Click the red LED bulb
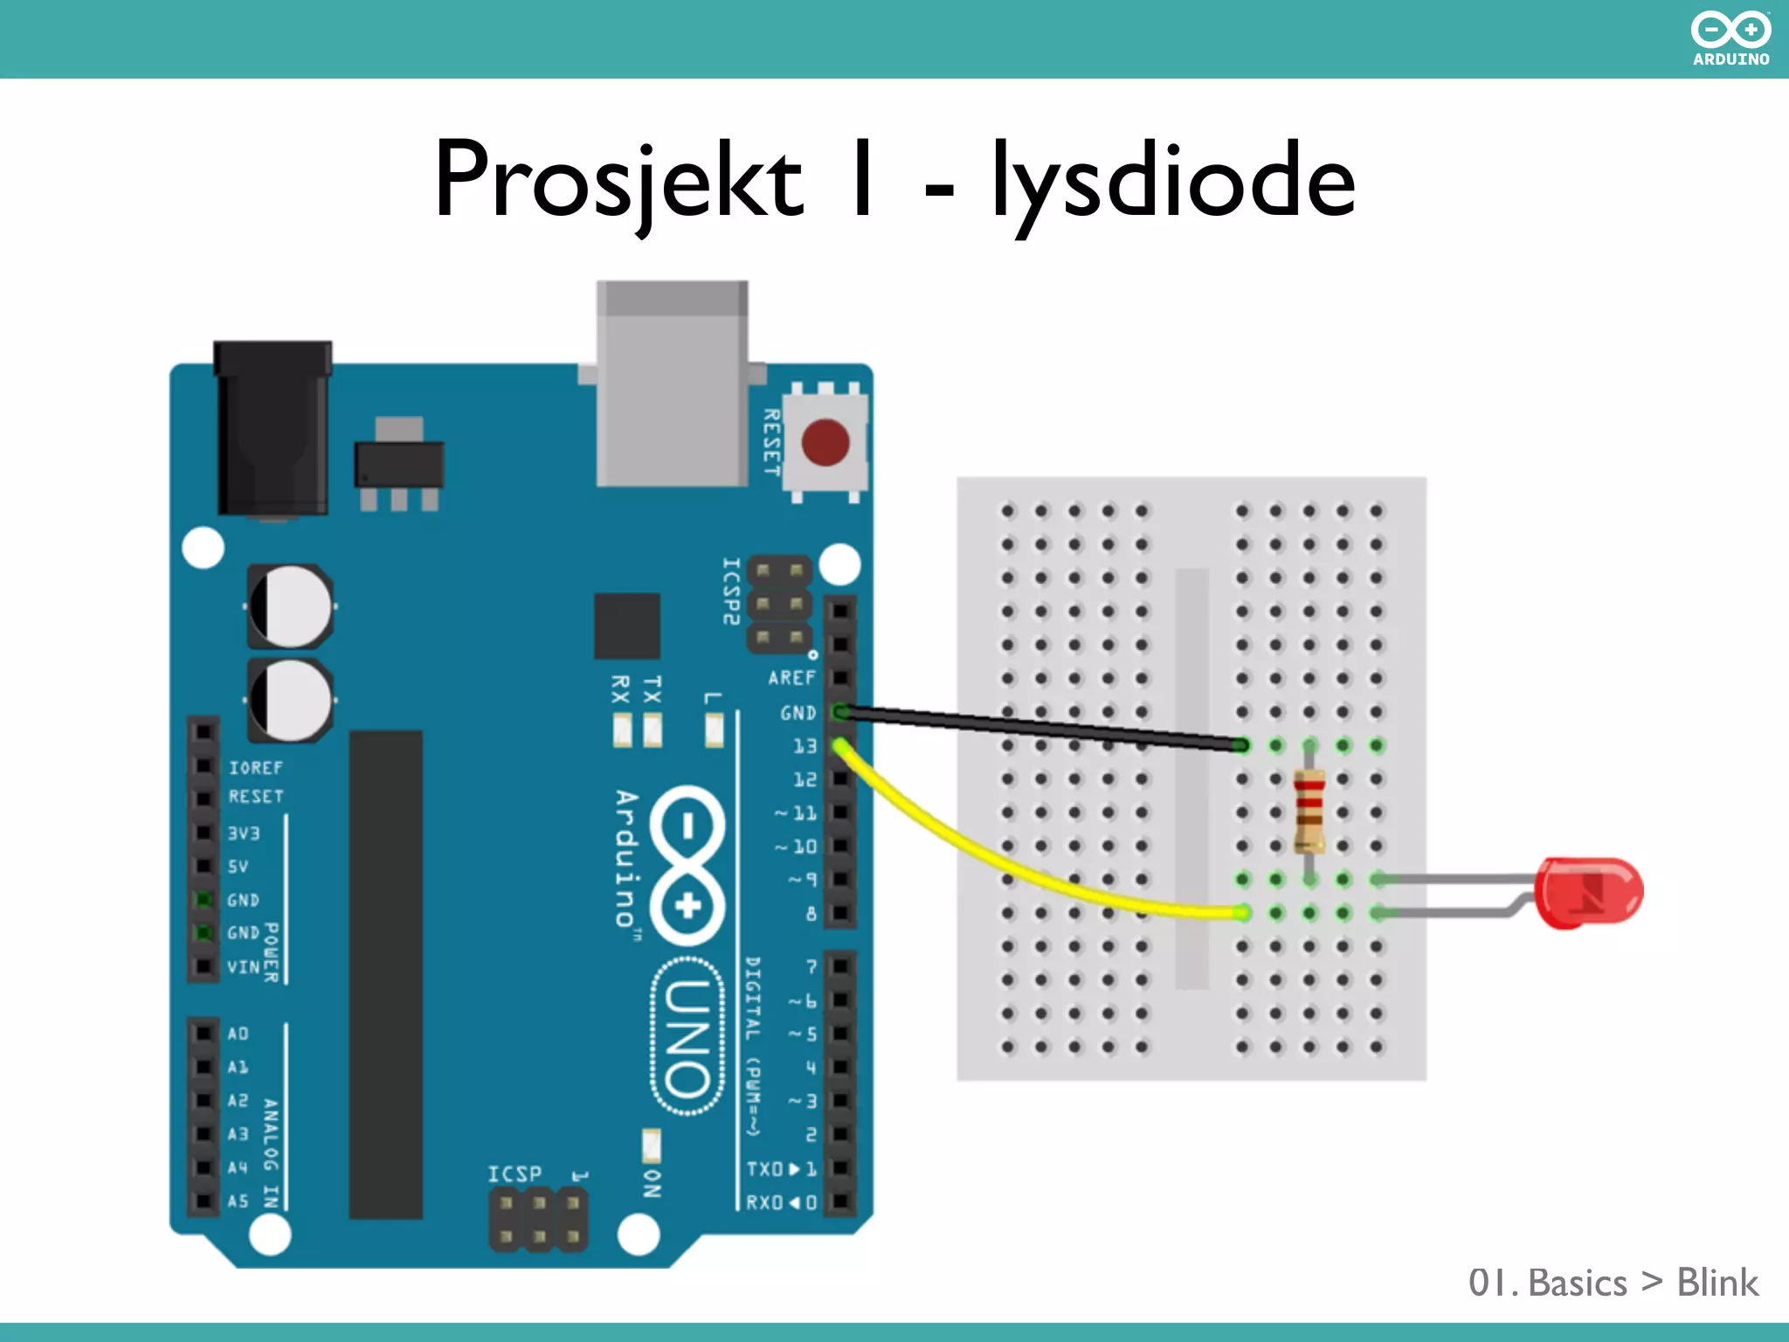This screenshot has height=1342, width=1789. click(x=1592, y=892)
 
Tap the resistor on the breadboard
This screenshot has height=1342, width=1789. click(x=1309, y=811)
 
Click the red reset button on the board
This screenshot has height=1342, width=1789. click(x=825, y=442)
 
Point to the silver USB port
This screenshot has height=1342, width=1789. click(x=672, y=384)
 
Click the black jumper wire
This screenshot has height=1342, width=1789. click(x=1040, y=727)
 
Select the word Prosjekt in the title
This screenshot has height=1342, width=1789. click(x=618, y=180)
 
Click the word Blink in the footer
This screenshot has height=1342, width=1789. click(x=1716, y=1283)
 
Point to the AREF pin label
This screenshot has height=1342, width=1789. click(x=791, y=678)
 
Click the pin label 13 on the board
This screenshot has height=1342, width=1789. click(x=805, y=746)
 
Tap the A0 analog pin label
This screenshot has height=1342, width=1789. click(x=238, y=1034)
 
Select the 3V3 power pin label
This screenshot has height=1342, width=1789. click(x=244, y=834)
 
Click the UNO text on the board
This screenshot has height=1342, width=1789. click(x=687, y=1037)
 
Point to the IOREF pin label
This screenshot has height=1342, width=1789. click(x=256, y=768)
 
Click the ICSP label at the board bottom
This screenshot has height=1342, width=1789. click(x=515, y=1173)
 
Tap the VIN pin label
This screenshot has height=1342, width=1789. click(x=243, y=967)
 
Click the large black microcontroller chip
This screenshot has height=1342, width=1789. click(x=385, y=974)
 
